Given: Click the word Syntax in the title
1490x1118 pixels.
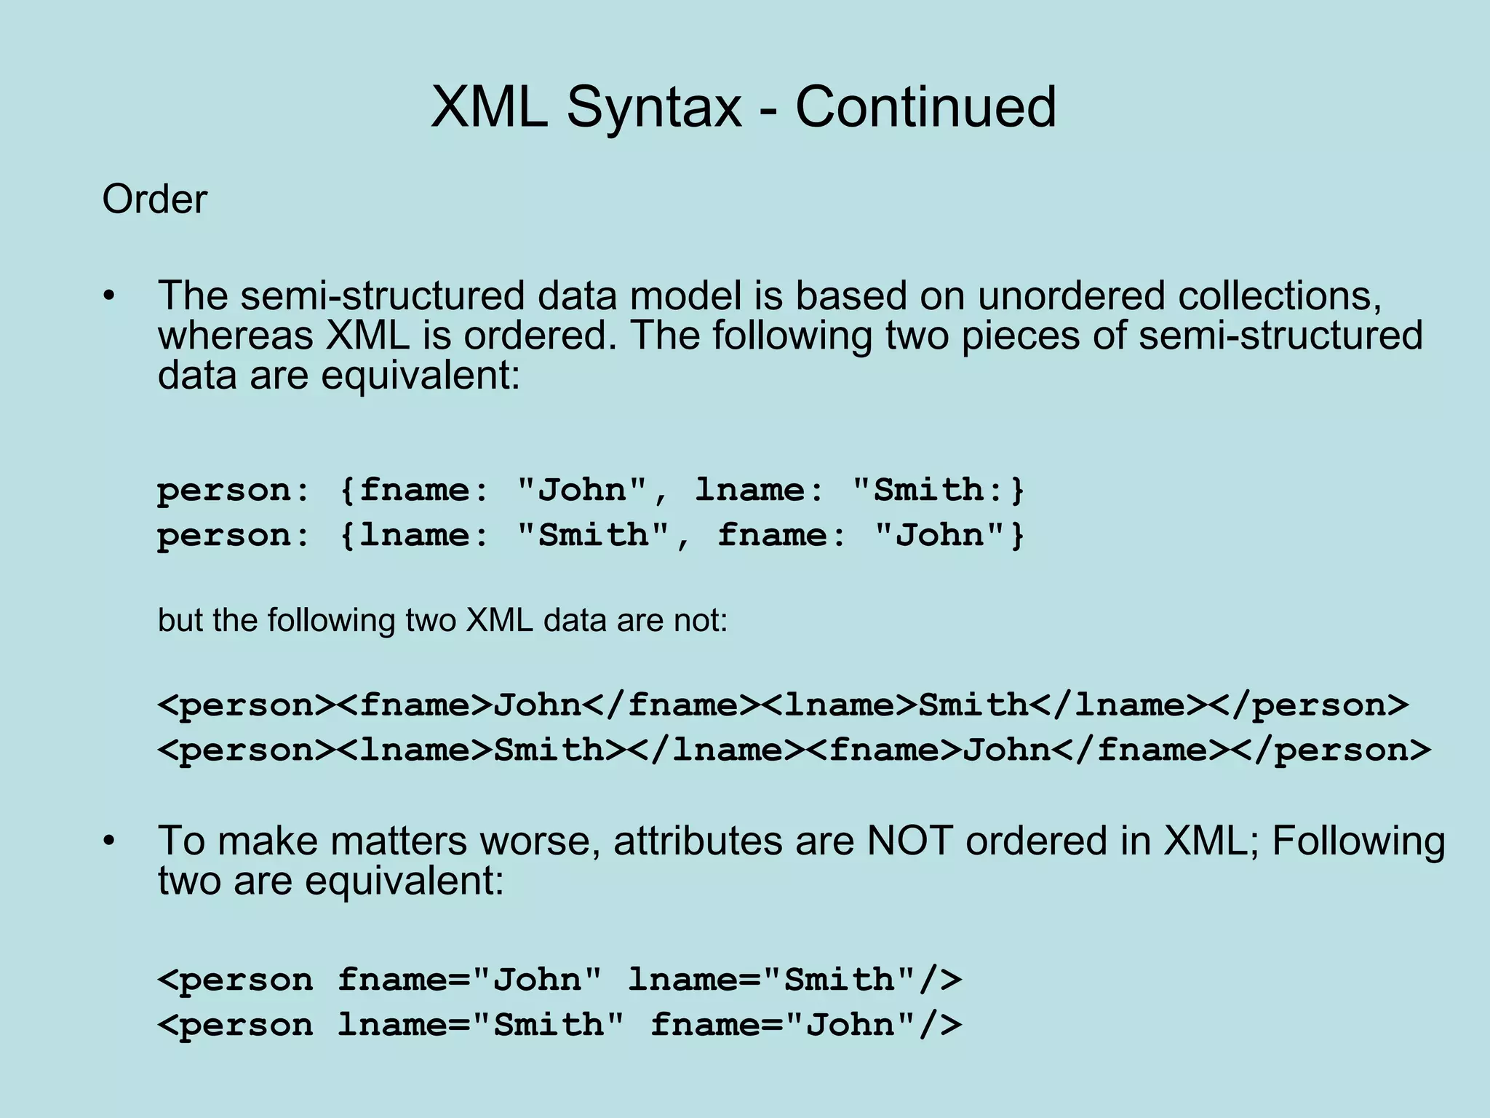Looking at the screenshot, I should pyautogui.click(x=654, y=107).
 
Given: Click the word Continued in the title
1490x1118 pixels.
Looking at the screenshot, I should pyautogui.click(x=925, y=107).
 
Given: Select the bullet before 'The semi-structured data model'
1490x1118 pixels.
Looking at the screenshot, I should pyautogui.click(x=108, y=296).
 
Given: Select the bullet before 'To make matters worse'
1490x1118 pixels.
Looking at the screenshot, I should pyautogui.click(x=108, y=841).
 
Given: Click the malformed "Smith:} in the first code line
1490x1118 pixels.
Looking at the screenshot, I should pyautogui.click(x=938, y=490).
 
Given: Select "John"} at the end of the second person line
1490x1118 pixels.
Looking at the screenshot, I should pyautogui.click(x=949, y=536).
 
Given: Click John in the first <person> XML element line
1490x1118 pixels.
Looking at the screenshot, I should pyautogui.click(x=538, y=705).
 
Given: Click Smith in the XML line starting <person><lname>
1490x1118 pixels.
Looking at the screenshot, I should pyautogui.click(x=549, y=750).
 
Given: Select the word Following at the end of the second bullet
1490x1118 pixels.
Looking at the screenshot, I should pyautogui.click(x=1358, y=841).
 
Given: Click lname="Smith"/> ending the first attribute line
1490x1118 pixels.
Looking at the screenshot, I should pyautogui.click(x=794, y=980).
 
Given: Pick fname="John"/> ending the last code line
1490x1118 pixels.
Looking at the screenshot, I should pyautogui.click(x=806, y=1025).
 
